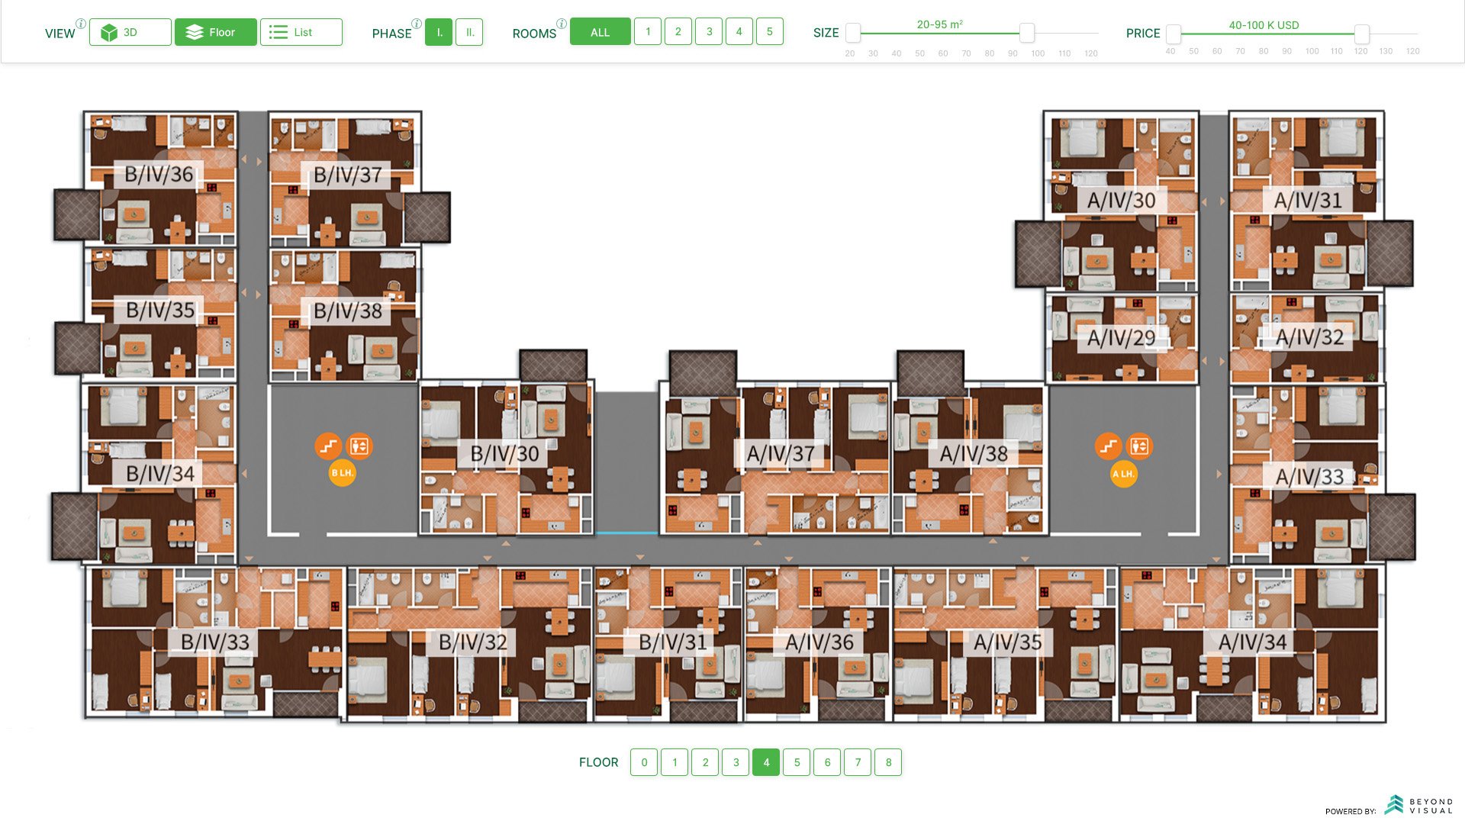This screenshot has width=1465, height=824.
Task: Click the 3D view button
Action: [x=130, y=32]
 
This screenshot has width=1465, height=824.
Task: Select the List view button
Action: [x=301, y=32]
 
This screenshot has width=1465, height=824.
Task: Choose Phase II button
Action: [x=469, y=32]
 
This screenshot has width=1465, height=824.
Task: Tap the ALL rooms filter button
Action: [x=600, y=32]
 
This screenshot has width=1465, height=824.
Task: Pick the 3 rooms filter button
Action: [x=709, y=32]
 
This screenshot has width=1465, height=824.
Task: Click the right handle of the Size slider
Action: [x=1027, y=33]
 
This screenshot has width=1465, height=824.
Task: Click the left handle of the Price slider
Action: [x=1174, y=34]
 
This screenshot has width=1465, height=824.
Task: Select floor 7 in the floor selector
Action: [x=858, y=762]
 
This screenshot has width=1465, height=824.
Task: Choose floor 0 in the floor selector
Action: [x=644, y=762]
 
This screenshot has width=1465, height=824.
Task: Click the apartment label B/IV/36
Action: [x=159, y=175]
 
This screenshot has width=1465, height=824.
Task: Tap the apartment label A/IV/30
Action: [x=1121, y=201]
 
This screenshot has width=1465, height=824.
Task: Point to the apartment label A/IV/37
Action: [x=781, y=454]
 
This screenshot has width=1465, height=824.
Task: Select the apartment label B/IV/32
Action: [x=472, y=642]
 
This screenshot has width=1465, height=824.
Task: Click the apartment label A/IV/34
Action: [x=1252, y=642]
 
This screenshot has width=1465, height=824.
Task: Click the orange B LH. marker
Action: [x=343, y=473]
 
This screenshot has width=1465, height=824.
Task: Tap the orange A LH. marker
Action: [x=1123, y=474]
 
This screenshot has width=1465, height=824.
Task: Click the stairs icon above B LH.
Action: [x=328, y=446]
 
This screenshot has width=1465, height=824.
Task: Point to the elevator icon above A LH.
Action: [x=1139, y=446]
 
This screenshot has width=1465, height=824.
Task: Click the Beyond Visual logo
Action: [x=1419, y=805]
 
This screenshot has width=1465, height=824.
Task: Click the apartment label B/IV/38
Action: [x=348, y=311]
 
